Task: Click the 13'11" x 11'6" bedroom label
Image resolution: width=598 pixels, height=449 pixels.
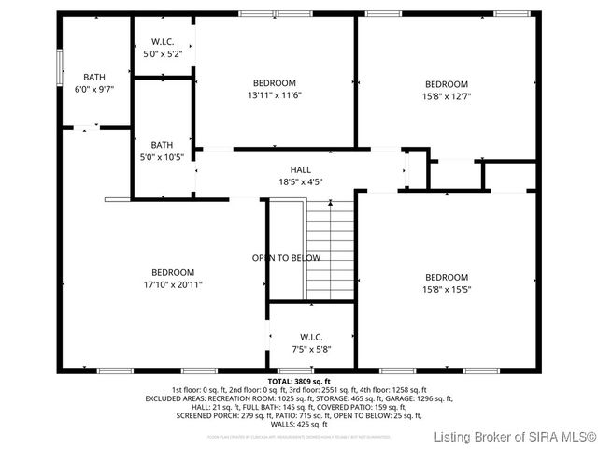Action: click(275, 89)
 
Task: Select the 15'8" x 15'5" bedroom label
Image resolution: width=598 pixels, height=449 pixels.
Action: click(447, 283)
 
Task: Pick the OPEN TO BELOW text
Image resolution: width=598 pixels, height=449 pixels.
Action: click(286, 258)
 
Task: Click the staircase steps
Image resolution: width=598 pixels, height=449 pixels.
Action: click(332, 247)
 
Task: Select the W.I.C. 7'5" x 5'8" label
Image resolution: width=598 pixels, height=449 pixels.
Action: click(311, 342)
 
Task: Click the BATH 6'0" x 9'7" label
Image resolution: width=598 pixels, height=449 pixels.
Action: click(94, 83)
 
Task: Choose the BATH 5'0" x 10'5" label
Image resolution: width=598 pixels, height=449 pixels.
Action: click(163, 151)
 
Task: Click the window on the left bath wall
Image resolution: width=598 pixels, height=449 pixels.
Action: click(60, 68)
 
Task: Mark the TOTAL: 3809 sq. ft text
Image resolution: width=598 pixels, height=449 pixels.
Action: click(299, 382)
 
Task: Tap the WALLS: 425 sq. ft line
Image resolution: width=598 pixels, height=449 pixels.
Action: click(299, 424)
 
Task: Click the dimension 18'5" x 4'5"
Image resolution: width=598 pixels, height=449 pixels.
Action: click(300, 181)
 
